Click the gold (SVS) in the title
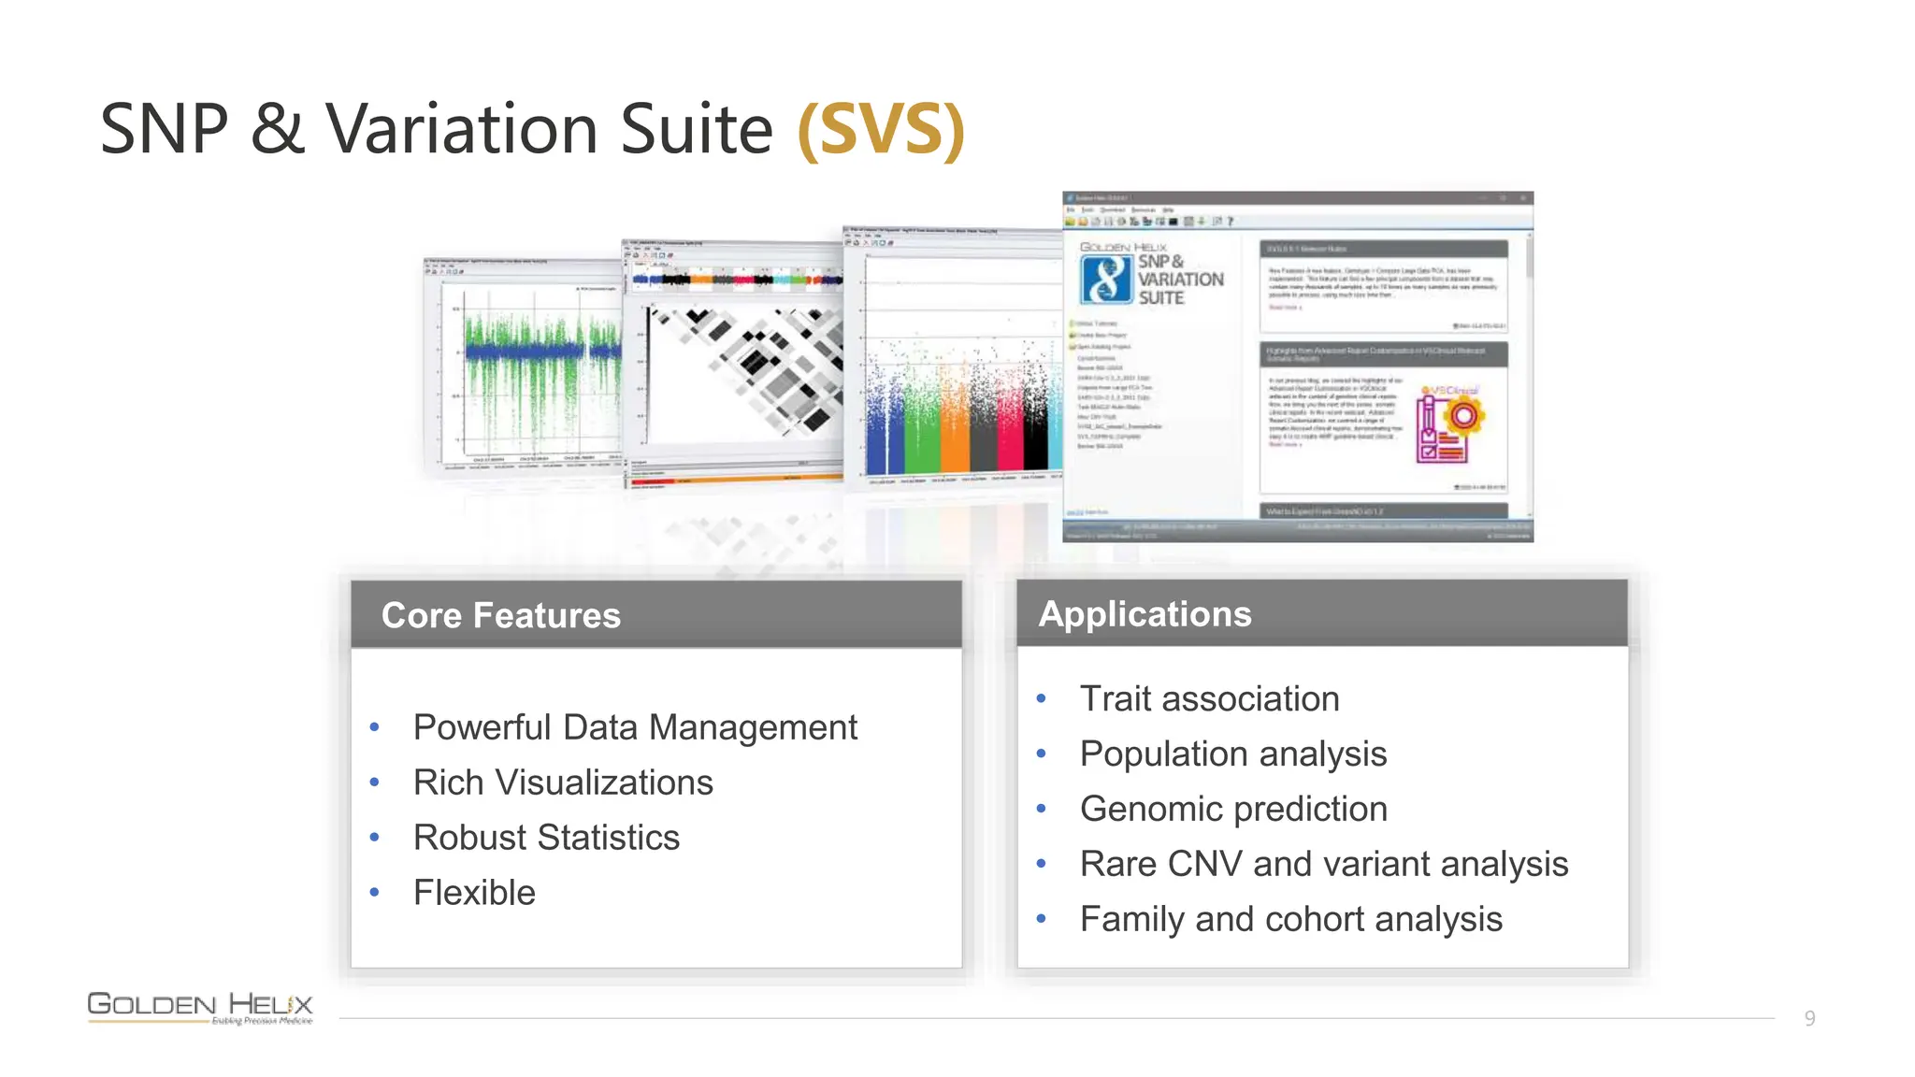pos(880,130)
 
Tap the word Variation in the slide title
pos(461,130)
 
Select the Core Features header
pos(500,615)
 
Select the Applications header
pos(1145,613)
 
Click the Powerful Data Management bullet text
pos(635,727)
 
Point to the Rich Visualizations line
pos(563,783)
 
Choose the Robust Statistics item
pos(546,838)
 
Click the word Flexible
pos(474,893)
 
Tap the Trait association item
pos(1209,699)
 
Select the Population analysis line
pos(1232,754)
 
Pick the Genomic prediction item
pos(1232,810)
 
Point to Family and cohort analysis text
pos(1290,920)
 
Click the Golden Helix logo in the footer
pos(200,1008)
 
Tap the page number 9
pos(1809,1018)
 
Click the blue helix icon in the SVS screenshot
pos(1106,280)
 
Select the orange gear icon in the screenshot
pos(1463,415)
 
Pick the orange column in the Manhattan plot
pos(954,430)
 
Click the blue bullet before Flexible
pos(374,893)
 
